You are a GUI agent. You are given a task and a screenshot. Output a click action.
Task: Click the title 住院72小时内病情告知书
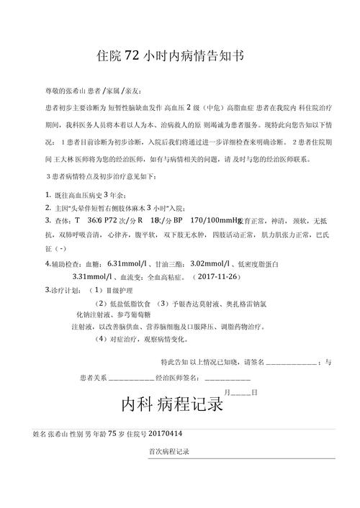pyautogui.click(x=179, y=55)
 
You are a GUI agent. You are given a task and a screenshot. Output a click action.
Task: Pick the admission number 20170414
pyautogui.click(x=165, y=435)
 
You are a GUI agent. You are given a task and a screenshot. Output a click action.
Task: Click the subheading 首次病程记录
pyautogui.click(x=168, y=451)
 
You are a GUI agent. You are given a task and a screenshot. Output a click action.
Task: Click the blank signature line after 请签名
pyautogui.click(x=292, y=362)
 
